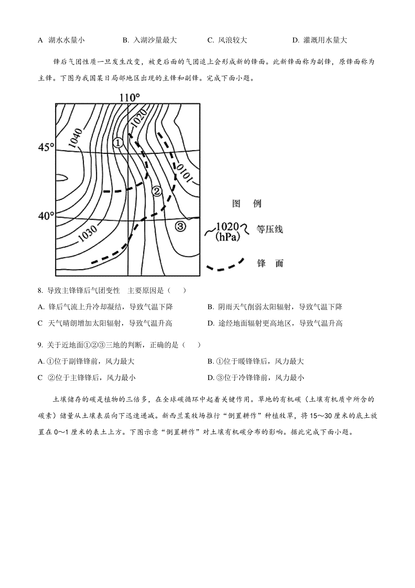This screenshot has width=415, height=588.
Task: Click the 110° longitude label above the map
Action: [x=129, y=98]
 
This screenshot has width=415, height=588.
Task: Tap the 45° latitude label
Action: [x=46, y=147]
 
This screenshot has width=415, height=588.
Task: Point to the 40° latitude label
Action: [x=46, y=216]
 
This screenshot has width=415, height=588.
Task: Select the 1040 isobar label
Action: [x=75, y=137]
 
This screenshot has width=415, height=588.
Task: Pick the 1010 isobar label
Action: [x=184, y=173]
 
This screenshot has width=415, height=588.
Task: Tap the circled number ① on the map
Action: [x=118, y=143]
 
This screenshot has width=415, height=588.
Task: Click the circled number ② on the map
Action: [x=157, y=191]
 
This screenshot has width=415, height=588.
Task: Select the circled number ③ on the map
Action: [x=181, y=226]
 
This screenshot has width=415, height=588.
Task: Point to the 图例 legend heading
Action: [x=247, y=203]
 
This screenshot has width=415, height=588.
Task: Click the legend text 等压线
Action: [x=270, y=230]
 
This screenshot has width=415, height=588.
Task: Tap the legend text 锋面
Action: [x=270, y=263]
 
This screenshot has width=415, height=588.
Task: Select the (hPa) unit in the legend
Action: [x=228, y=237]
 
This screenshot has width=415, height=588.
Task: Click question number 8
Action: [x=40, y=291]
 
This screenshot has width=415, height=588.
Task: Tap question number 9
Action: [x=40, y=345]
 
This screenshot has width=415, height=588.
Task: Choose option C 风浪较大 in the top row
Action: [x=227, y=40]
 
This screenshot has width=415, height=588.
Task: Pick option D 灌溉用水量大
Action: [x=320, y=40]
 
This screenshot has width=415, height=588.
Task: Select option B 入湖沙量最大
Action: [x=150, y=40]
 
